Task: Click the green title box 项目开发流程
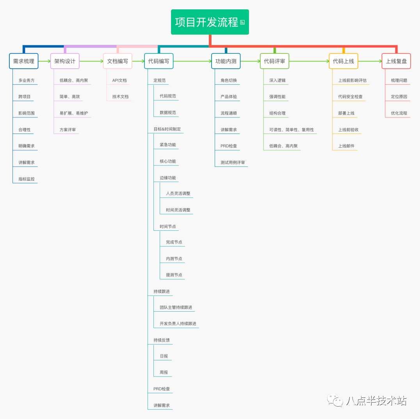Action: click(x=210, y=22)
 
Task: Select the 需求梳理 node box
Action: click(x=23, y=61)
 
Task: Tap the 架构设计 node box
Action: click(x=65, y=61)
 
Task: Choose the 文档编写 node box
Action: click(x=117, y=61)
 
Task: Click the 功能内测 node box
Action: click(x=226, y=61)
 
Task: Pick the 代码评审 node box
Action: click(x=274, y=61)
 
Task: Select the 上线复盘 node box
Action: click(x=396, y=61)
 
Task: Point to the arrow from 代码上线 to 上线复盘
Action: click(x=370, y=61)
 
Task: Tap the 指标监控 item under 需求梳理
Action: click(x=26, y=179)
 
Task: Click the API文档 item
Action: click(x=119, y=80)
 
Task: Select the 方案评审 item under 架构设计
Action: click(x=68, y=130)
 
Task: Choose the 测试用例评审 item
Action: click(x=233, y=162)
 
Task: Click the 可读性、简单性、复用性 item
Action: click(x=291, y=130)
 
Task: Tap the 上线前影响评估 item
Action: click(x=352, y=80)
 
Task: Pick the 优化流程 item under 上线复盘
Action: click(x=399, y=113)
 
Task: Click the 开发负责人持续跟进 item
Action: click(x=178, y=324)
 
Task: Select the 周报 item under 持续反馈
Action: click(x=164, y=373)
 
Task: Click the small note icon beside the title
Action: click(x=242, y=22)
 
